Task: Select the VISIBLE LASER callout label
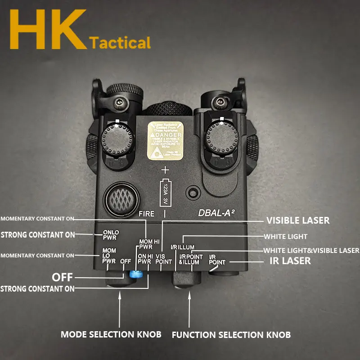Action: point(298,220)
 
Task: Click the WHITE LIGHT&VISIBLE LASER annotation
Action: point(311,250)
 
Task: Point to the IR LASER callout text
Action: point(290,261)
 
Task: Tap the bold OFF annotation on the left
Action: point(62,277)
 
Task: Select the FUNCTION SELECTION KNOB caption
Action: point(231,335)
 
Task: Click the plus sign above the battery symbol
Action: point(165,171)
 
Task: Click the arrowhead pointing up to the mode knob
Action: point(120,295)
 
